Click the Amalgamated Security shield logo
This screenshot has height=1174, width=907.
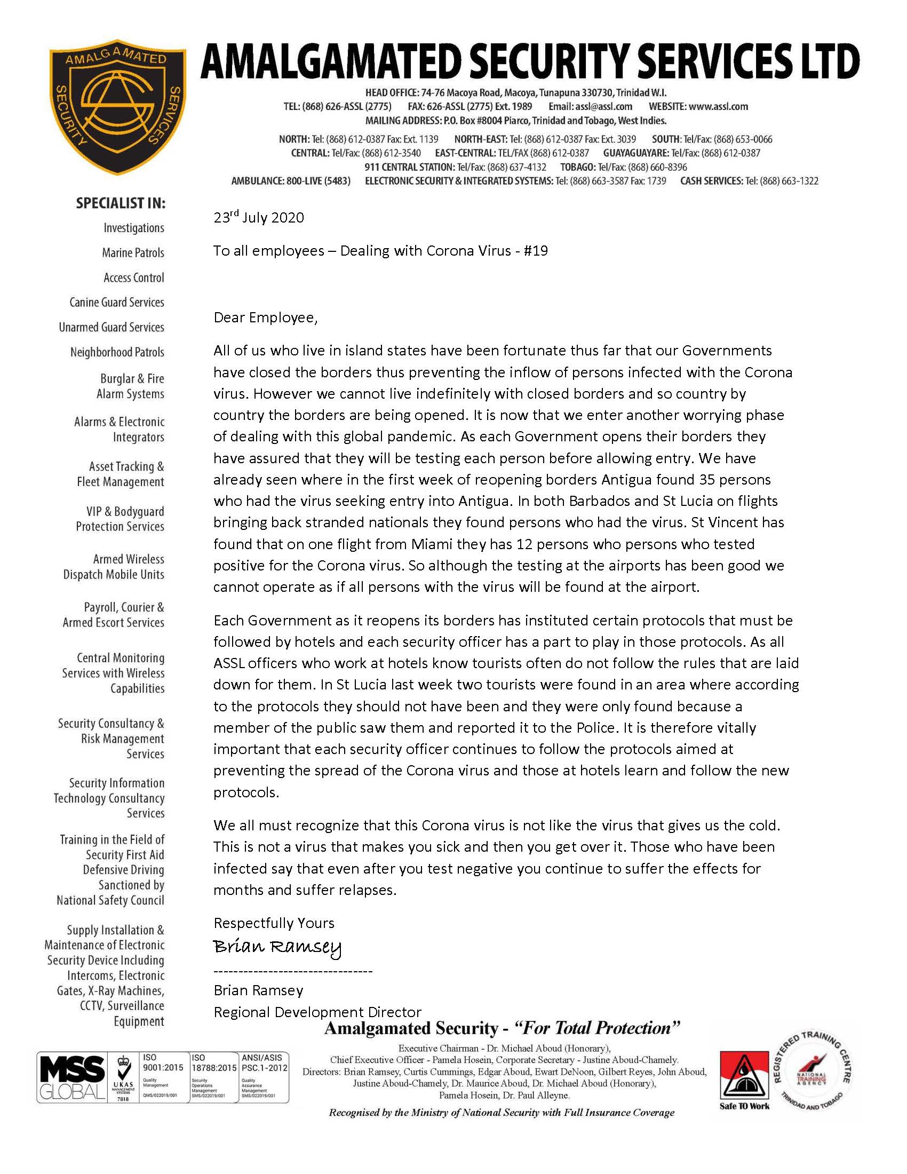[x=117, y=106]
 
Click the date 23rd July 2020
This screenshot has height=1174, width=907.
[x=258, y=218]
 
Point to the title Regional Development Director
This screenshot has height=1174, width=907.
[x=317, y=1012]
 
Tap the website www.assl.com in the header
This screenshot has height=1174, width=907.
[x=719, y=106]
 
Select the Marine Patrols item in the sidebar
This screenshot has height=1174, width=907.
[x=133, y=252]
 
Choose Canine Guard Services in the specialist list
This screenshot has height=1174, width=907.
[x=117, y=302]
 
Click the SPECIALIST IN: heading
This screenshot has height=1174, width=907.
[x=121, y=203]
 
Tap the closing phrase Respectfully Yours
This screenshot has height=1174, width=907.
[x=274, y=923]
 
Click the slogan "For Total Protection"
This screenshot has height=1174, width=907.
[x=597, y=1029]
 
